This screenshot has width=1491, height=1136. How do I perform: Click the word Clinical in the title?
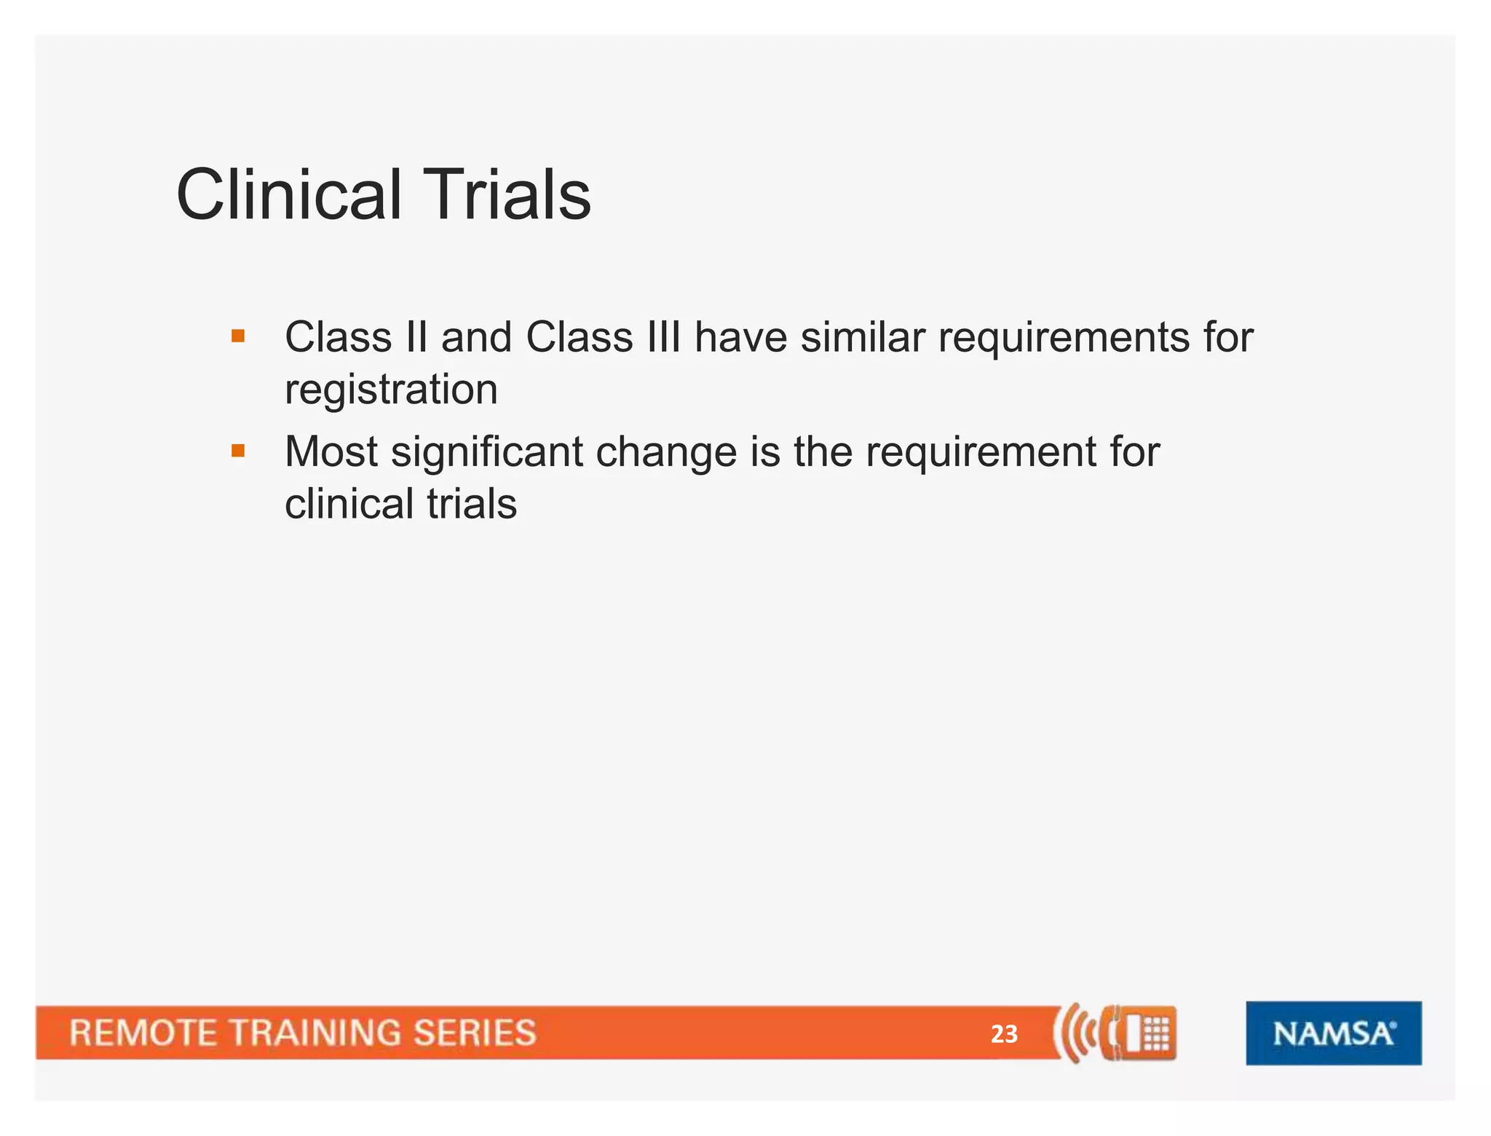pyautogui.click(x=289, y=195)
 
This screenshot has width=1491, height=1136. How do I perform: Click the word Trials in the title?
pyautogui.click(x=507, y=195)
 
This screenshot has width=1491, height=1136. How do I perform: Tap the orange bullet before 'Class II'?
pyautogui.click(x=238, y=336)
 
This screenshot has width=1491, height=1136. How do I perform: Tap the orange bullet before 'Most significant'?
pyautogui.click(x=238, y=451)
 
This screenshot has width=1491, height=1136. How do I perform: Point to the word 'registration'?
pyautogui.click(x=391, y=390)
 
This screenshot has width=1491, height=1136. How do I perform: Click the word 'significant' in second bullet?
pyautogui.click(x=486, y=453)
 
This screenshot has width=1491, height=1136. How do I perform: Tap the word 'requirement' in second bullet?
pyautogui.click(x=981, y=452)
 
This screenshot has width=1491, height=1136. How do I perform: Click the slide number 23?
pyautogui.click(x=1004, y=1034)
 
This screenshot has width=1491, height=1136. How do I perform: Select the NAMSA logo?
pyautogui.click(x=1333, y=1033)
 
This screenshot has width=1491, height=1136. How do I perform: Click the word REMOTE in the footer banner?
pyautogui.click(x=142, y=1033)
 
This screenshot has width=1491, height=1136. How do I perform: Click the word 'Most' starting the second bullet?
pyautogui.click(x=331, y=452)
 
